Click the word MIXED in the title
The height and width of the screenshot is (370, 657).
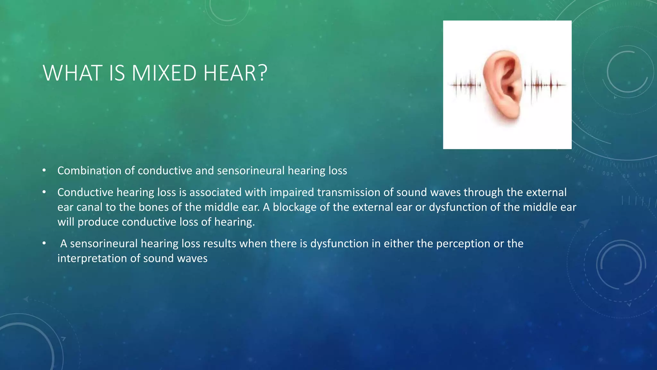click(164, 73)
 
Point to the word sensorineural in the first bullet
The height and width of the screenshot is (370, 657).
click(251, 171)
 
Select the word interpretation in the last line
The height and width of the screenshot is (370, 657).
click(92, 259)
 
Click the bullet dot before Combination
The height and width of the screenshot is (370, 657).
click(44, 171)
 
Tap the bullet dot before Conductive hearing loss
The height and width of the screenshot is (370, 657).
click(44, 192)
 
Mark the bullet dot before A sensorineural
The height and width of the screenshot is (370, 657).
click(44, 244)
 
